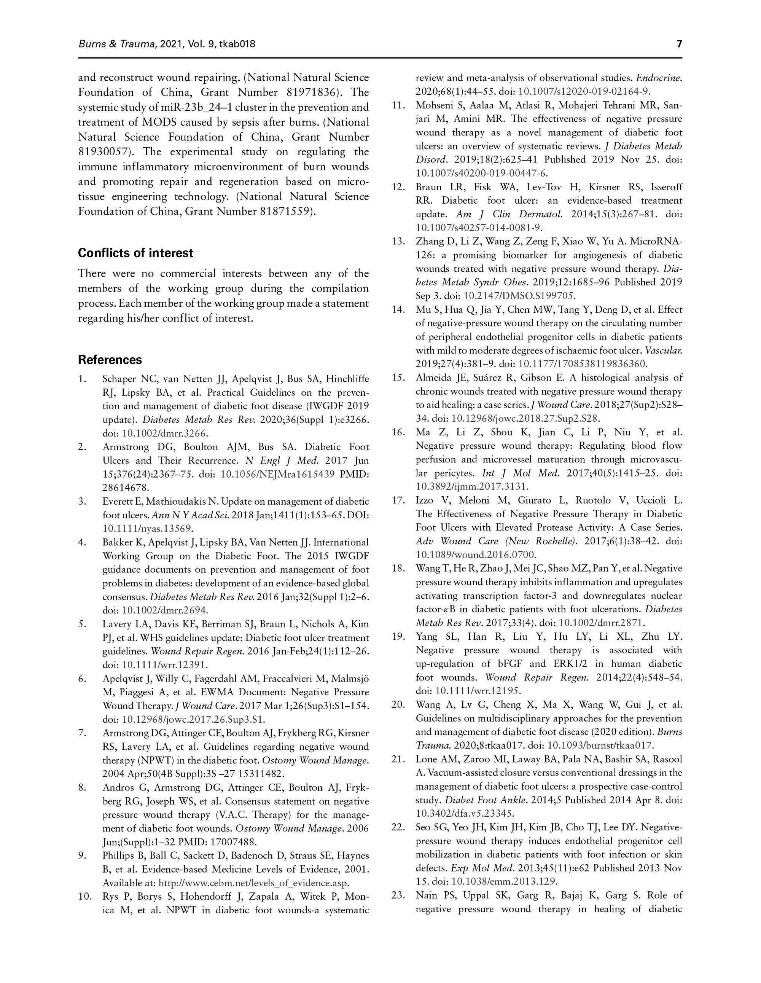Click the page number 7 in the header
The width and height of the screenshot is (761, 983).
pyautogui.click(x=679, y=44)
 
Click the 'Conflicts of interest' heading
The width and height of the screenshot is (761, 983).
pyautogui.click(x=135, y=253)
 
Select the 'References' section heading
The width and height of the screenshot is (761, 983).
pyautogui.click(x=110, y=360)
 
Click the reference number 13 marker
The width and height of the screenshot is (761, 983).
pyautogui.click(x=399, y=242)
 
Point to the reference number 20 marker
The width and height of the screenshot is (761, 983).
pyautogui.click(x=399, y=705)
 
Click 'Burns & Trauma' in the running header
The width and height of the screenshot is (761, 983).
pyautogui.click(x=118, y=44)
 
